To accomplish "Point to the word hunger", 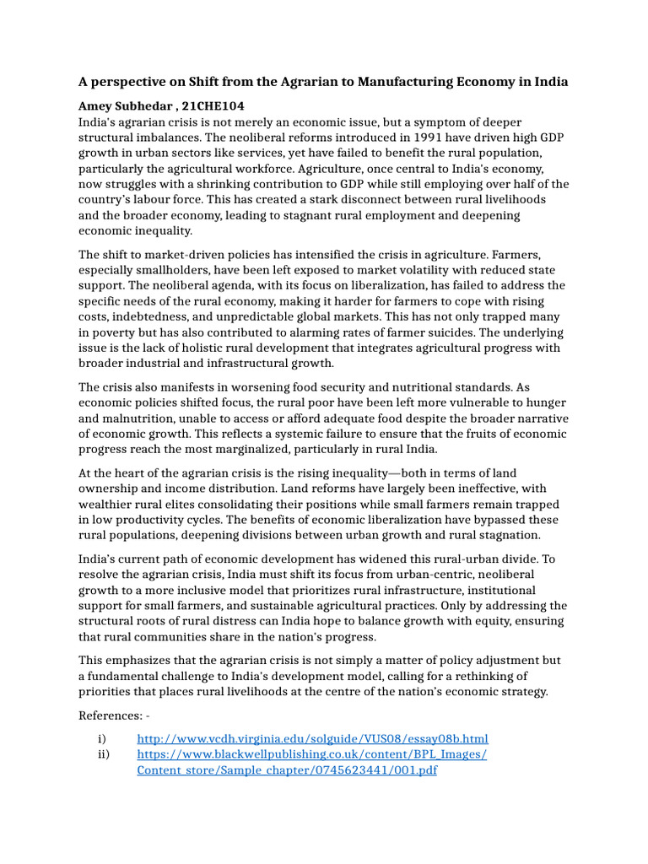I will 547,402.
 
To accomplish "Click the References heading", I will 110,715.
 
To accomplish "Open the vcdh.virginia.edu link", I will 312,738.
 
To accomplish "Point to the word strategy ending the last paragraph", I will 521,692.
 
